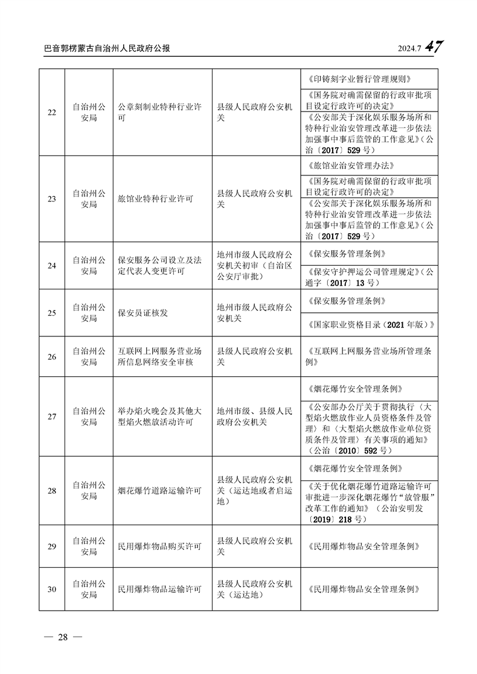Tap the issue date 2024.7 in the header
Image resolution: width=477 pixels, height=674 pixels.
(409, 49)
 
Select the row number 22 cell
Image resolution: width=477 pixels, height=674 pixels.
(51, 113)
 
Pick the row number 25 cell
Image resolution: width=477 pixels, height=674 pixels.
(51, 312)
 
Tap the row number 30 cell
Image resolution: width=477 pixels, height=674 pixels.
(51, 589)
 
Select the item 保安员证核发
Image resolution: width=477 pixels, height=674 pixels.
(142, 312)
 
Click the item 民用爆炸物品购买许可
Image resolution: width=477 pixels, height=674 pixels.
(159, 547)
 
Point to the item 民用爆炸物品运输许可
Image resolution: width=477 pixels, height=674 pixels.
(159, 589)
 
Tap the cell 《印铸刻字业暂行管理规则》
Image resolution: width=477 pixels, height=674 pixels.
(359, 79)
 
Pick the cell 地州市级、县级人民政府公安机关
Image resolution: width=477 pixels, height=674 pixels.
(254, 417)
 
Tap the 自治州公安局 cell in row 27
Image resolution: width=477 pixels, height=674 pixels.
(89, 417)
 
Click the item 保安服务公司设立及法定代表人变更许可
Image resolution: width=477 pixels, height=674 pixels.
(159, 266)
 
